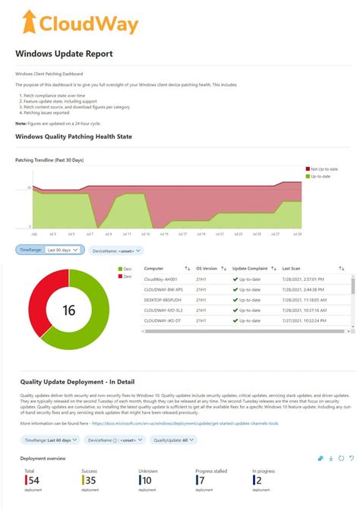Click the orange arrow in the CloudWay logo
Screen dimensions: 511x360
[x=29, y=23]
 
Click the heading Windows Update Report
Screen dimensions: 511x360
[x=64, y=54]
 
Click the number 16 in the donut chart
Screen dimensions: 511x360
[x=69, y=311]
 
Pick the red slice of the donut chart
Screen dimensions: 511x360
[x=38, y=304]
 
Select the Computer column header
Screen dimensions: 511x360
[x=154, y=268]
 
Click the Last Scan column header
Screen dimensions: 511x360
[x=291, y=268]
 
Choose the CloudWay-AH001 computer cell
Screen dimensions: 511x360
[x=161, y=279]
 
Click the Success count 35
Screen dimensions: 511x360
[x=90, y=479]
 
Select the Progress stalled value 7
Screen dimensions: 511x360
[x=201, y=479]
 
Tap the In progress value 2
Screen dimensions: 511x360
[x=258, y=479]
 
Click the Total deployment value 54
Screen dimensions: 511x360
[x=33, y=479]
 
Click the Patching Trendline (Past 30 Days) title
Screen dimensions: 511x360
[x=49, y=160]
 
